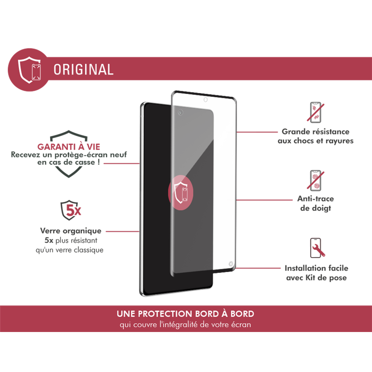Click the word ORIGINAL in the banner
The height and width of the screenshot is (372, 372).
[x=84, y=69]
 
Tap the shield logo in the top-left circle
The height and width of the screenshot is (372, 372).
[x=29, y=70]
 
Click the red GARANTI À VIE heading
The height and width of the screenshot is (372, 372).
[x=69, y=146]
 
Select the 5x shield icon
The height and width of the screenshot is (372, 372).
[x=71, y=210]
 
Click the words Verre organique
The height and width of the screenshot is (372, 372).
[x=71, y=231]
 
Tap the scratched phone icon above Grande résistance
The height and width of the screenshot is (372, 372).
[x=316, y=113]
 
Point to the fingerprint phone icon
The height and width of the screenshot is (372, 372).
[x=316, y=180]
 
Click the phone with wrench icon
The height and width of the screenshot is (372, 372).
[x=317, y=248]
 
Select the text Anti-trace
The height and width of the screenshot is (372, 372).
[x=316, y=199]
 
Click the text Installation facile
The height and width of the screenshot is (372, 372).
[x=317, y=268]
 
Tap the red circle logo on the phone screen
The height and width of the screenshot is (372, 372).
[x=181, y=193]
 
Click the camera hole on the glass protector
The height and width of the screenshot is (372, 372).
[x=206, y=100]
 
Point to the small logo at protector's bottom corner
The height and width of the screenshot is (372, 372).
[x=231, y=264]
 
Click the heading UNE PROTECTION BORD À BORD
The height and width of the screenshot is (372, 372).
[x=186, y=314]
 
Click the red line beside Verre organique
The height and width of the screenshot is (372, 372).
[x=122, y=231]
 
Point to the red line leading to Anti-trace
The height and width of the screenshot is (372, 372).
[x=264, y=200]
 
